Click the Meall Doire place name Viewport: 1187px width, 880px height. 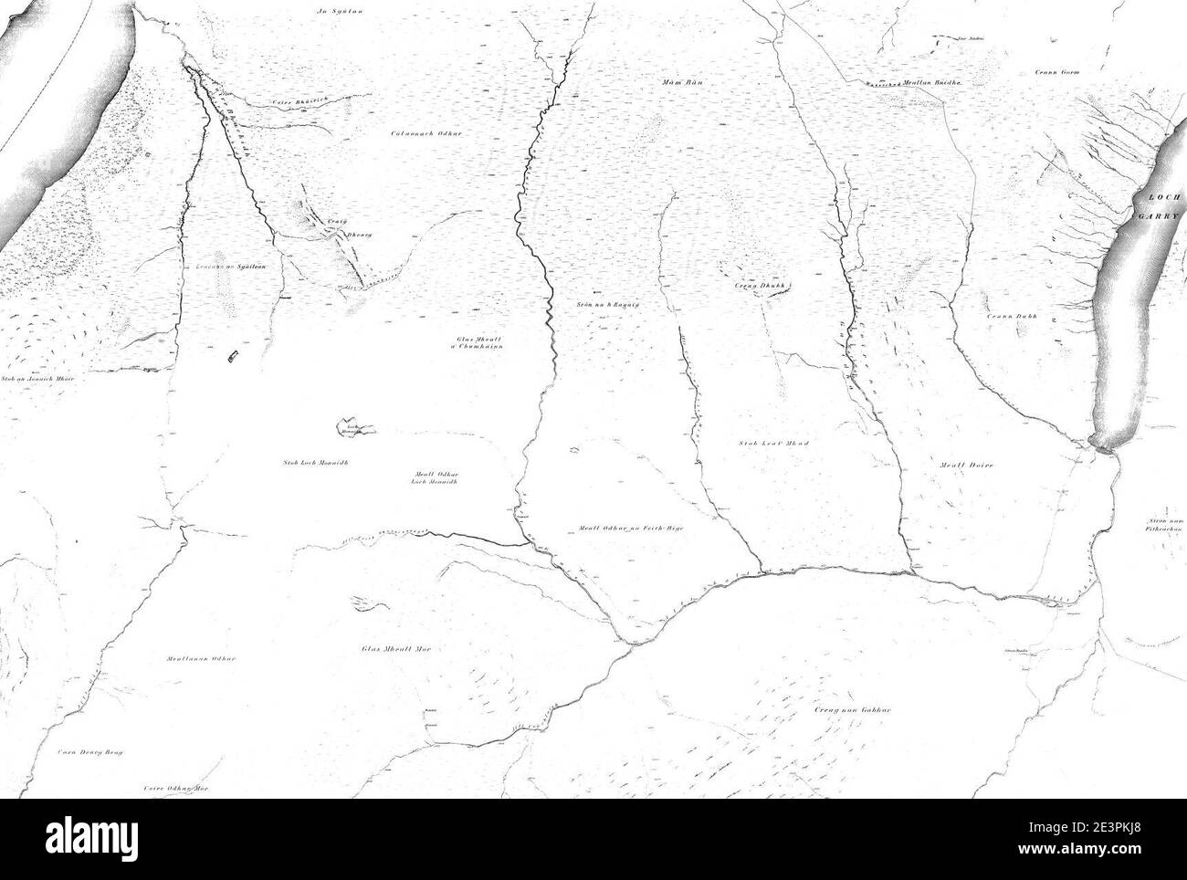966,465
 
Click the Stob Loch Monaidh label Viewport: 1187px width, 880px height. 316,462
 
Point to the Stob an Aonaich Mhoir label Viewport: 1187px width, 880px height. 36,377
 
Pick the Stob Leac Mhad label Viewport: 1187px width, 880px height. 774,443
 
